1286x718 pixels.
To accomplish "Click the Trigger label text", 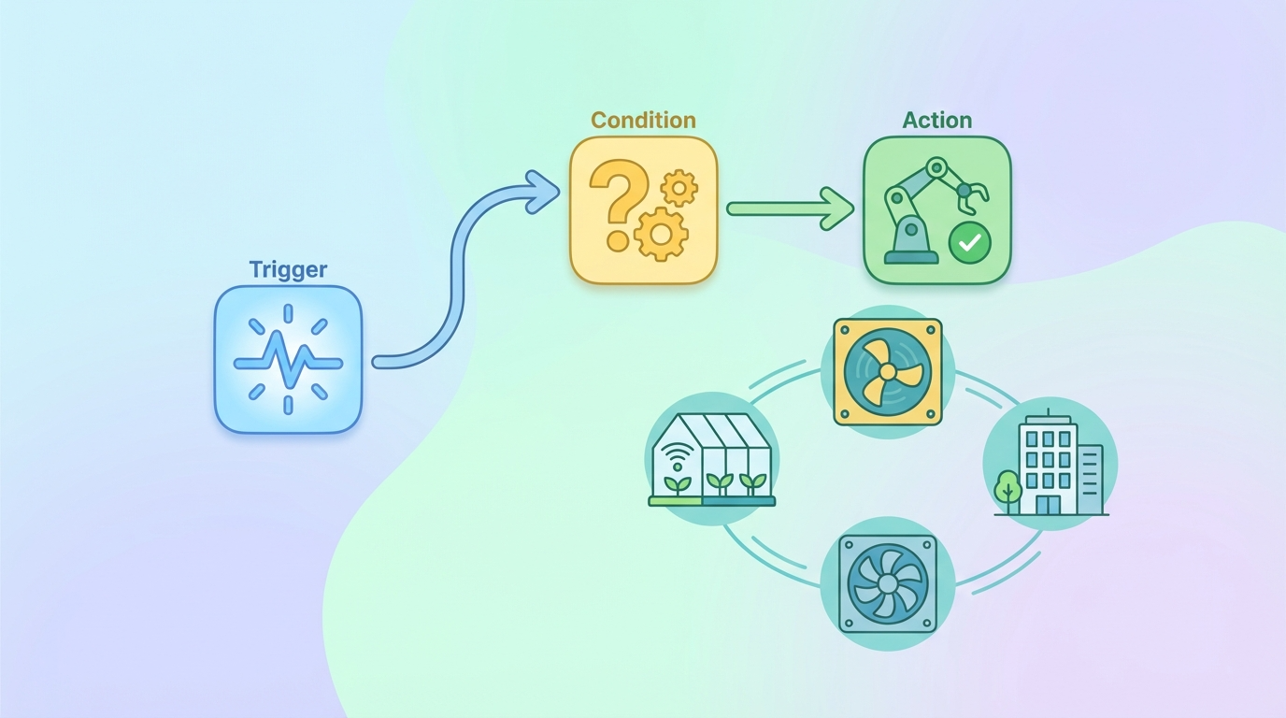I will [x=288, y=270].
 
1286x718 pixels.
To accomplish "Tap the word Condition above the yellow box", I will [x=643, y=121].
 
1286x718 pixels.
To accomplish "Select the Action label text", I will [x=936, y=121].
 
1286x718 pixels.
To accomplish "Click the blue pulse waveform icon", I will [x=288, y=361].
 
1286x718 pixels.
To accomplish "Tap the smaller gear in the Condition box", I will [x=679, y=188].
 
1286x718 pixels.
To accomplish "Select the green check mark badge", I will [x=970, y=243].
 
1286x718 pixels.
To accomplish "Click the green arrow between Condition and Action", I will [x=790, y=208].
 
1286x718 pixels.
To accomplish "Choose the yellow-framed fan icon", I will [x=887, y=372].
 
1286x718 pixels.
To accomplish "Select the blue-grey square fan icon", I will [x=887, y=584].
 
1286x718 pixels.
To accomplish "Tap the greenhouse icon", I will [x=712, y=460].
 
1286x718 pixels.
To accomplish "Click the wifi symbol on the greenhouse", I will [x=678, y=459].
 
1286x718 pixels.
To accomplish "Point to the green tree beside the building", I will [x=1007, y=488].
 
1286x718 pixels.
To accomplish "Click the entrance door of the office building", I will [x=1047, y=504].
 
